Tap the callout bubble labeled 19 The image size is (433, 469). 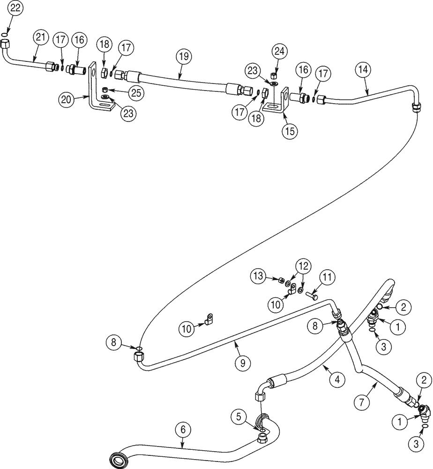pyautogui.click(x=184, y=57)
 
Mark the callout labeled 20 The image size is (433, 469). pyautogui.click(x=66, y=99)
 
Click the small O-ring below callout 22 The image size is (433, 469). pyautogui.click(x=5, y=34)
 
